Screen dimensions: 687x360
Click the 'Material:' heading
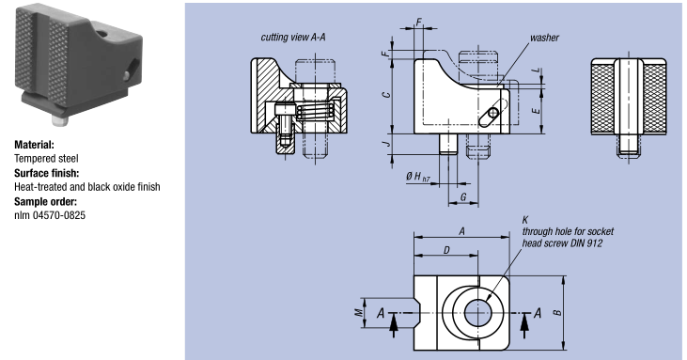click(34, 145)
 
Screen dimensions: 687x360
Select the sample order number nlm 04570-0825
click(50, 215)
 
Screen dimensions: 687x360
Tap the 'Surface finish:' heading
click(46, 173)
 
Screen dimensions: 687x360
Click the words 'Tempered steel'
click(46, 159)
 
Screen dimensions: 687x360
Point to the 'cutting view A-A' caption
click(293, 38)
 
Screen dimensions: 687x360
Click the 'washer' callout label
click(544, 38)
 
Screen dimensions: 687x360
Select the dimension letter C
click(386, 95)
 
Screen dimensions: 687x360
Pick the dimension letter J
click(386, 144)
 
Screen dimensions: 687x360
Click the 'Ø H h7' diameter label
click(417, 177)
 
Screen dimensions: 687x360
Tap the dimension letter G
click(463, 197)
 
